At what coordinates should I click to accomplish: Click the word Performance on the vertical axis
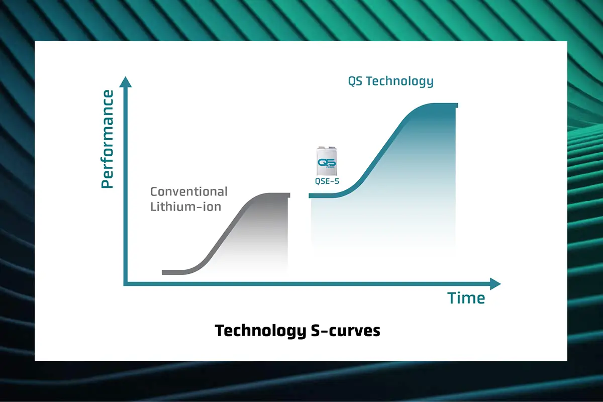click(107, 139)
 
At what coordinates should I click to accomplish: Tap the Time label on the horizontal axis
click(466, 298)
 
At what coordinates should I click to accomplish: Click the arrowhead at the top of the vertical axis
click(126, 82)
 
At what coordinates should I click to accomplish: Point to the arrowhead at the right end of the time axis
click(495, 284)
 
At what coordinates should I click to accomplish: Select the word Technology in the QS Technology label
click(399, 81)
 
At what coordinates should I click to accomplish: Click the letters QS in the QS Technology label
click(355, 81)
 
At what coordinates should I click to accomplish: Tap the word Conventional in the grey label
click(189, 192)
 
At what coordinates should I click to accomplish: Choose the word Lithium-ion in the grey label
click(186, 207)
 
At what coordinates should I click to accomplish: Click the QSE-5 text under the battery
click(327, 181)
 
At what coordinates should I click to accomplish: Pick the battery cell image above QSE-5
click(327, 161)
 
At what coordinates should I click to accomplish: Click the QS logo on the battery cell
click(327, 163)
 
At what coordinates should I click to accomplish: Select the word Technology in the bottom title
click(261, 331)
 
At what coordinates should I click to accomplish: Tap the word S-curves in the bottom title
click(346, 331)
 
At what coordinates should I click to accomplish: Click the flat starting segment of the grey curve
click(174, 272)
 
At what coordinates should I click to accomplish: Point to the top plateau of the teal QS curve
click(442, 106)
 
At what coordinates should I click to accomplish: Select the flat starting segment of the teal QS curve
click(322, 196)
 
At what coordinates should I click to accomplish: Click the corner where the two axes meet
click(125, 284)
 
